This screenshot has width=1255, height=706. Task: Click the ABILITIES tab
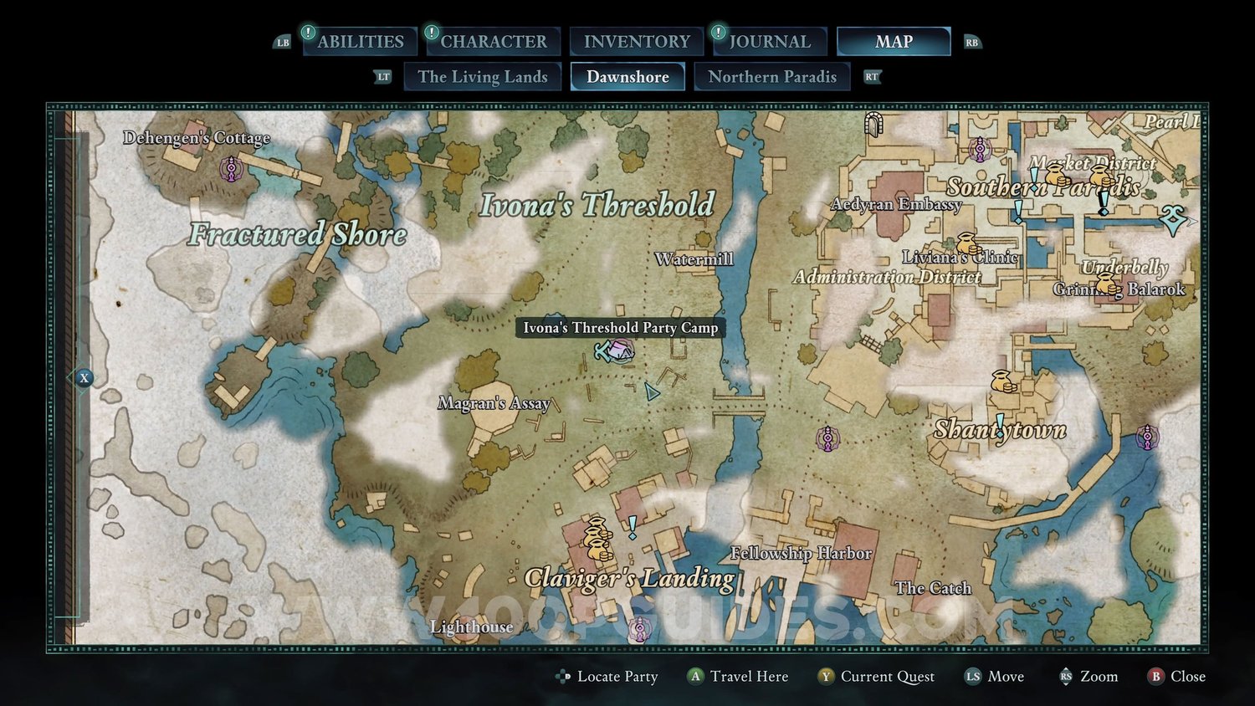click(x=360, y=42)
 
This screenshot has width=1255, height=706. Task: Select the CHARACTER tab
click(x=493, y=42)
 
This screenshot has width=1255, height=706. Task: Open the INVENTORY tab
click(x=637, y=42)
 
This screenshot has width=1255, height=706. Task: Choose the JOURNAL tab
click(x=769, y=42)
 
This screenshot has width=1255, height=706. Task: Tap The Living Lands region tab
click(x=482, y=77)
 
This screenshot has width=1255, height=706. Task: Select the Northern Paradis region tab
click(x=771, y=77)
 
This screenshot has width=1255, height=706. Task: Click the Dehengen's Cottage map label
click(x=197, y=138)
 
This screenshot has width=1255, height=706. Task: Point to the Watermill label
click(x=694, y=259)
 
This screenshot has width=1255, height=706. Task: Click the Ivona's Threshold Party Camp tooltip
click(x=620, y=328)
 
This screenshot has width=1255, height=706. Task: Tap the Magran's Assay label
click(x=494, y=403)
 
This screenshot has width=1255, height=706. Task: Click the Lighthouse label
click(x=471, y=627)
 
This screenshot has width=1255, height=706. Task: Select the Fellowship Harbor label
click(x=801, y=553)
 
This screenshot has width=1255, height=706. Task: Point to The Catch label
click(x=933, y=588)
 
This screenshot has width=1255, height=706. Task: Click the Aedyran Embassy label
click(x=895, y=204)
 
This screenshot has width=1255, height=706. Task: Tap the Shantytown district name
click(x=1000, y=430)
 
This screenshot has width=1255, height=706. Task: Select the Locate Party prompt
click(x=607, y=677)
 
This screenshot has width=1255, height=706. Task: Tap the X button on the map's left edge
click(x=84, y=378)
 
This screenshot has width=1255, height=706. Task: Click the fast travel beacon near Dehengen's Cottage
click(x=231, y=169)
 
